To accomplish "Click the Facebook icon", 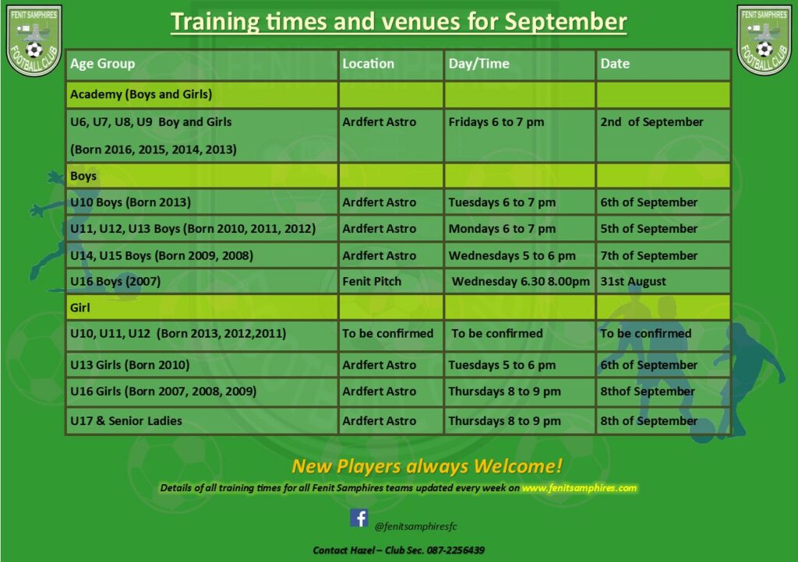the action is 358,518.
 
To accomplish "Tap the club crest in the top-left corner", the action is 34,40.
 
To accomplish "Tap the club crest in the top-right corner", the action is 764,40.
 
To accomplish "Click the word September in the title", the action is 566,22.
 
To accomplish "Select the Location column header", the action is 368,64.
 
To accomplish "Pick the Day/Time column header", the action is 478,64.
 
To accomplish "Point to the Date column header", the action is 615,64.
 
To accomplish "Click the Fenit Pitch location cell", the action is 372,282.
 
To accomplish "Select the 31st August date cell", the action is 633,282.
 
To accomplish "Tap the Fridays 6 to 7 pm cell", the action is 496,122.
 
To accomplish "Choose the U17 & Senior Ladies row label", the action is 125,421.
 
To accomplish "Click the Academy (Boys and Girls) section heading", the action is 141,94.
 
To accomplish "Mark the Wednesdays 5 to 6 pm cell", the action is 512,255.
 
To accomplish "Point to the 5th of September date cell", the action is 649,229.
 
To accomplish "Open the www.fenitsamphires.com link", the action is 579,488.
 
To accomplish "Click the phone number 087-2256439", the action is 455,550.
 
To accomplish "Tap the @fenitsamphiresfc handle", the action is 416,526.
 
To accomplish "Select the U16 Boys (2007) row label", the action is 115,282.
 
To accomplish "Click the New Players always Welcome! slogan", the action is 427,466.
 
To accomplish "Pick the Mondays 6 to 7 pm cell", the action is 502,229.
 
